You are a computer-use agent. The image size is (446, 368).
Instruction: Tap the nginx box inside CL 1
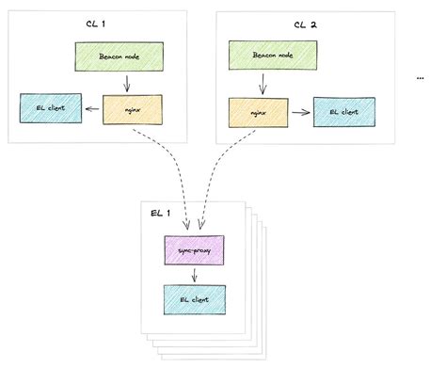[128, 110]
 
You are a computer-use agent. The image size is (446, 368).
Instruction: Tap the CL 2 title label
[306, 23]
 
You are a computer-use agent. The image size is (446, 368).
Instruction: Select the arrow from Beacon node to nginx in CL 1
[127, 83]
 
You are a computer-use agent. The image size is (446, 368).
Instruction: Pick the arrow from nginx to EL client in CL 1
[92, 110]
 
